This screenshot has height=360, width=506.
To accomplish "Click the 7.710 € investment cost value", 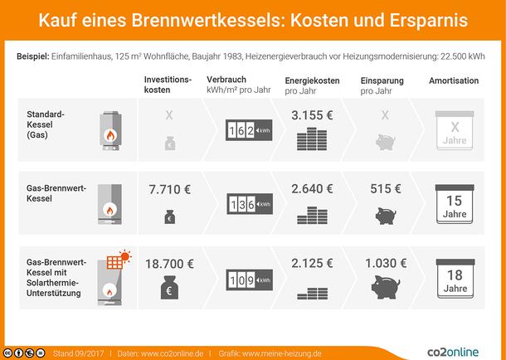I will coord(169,189).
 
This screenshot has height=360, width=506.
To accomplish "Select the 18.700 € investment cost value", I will coord(169,264).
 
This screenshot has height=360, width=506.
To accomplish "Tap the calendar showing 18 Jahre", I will coord(454,280).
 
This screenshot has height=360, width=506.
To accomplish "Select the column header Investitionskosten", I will coord(168,84).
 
